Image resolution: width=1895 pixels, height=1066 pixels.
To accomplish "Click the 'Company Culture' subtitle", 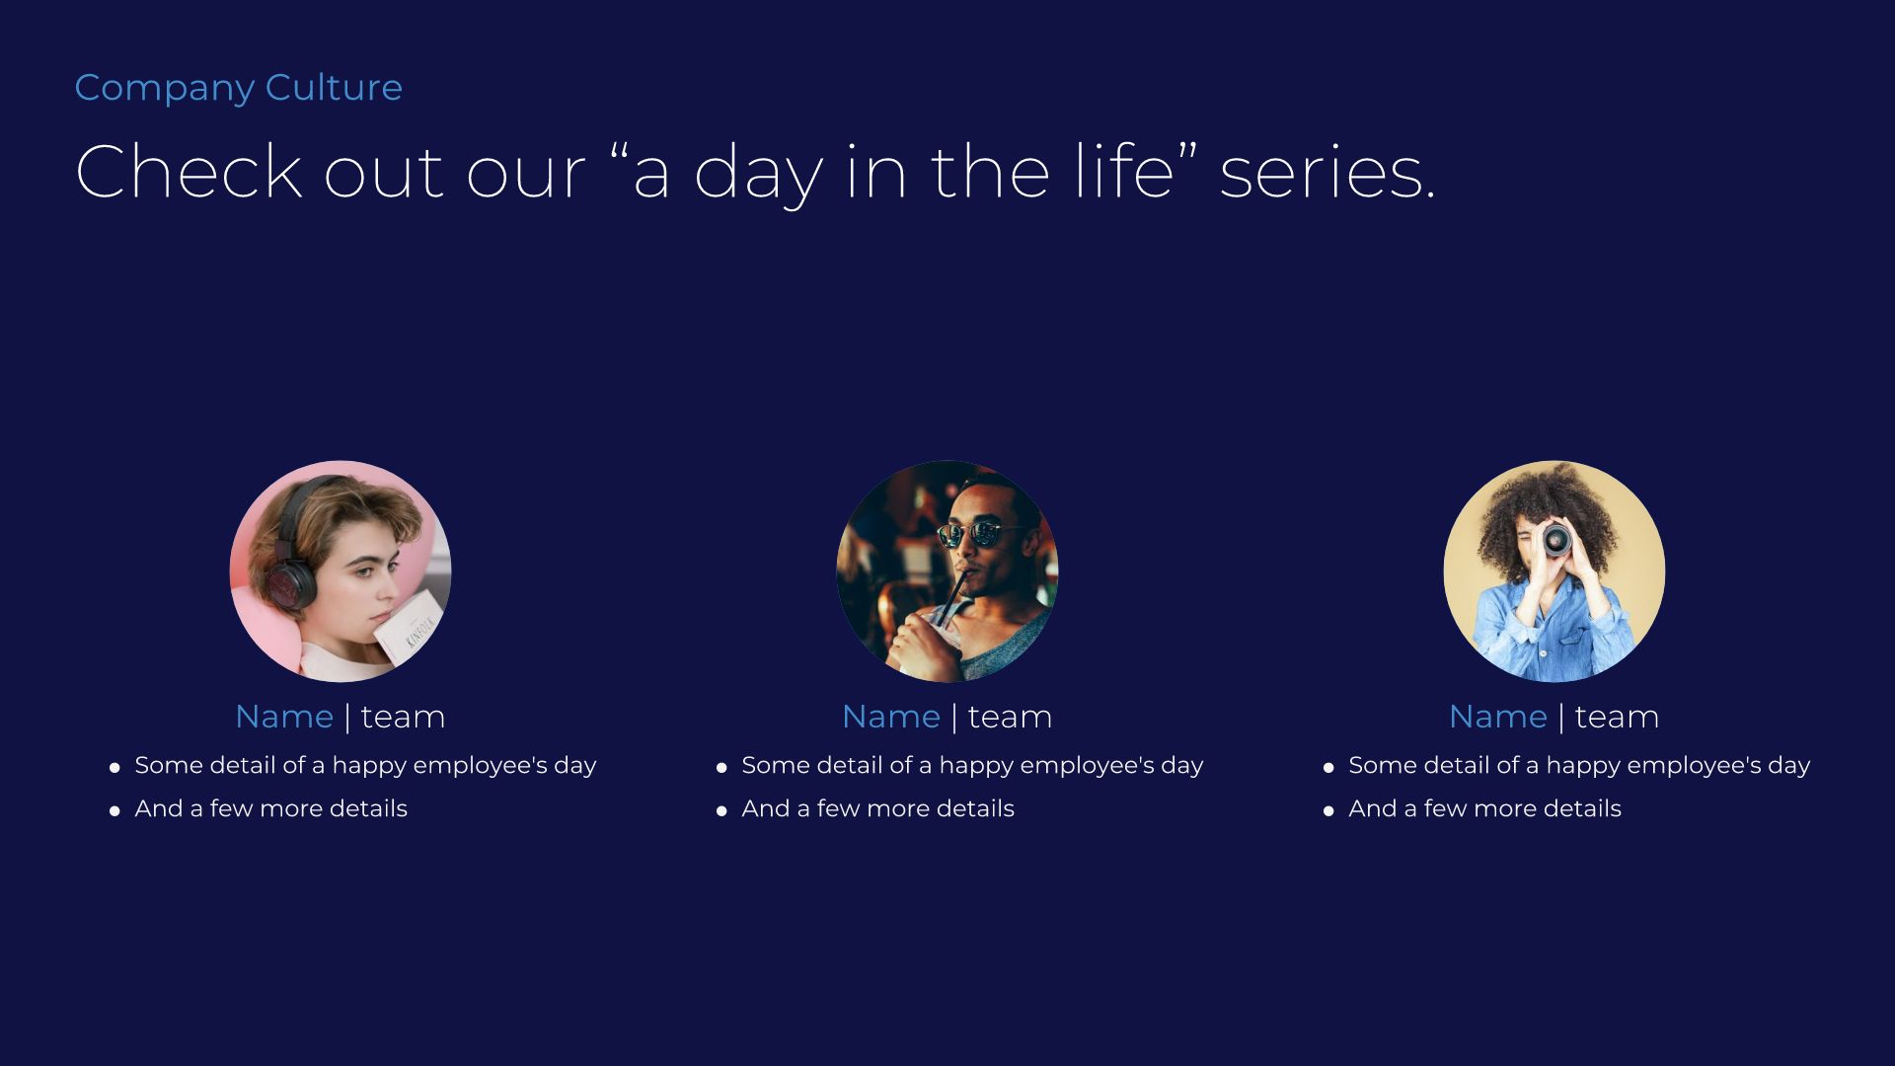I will point(238,88).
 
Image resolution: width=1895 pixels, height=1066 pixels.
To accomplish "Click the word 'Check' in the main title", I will point(188,172).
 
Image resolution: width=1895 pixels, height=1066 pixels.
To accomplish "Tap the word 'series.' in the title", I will point(1326,172).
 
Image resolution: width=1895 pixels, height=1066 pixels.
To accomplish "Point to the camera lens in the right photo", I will point(1557,539).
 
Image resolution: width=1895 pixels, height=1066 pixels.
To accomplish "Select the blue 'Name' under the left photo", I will point(284,717).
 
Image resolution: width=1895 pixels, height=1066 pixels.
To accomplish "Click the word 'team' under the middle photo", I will point(1010,717).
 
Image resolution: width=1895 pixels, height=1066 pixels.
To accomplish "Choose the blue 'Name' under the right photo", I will point(1497,717).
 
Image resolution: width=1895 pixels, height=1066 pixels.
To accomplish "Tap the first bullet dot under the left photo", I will point(114,767).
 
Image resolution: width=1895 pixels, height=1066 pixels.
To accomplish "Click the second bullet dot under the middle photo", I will point(721,810).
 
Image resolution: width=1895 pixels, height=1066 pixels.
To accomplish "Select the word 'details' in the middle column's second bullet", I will point(975,809).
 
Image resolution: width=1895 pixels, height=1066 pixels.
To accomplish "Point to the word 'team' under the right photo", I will point(1617,717).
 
